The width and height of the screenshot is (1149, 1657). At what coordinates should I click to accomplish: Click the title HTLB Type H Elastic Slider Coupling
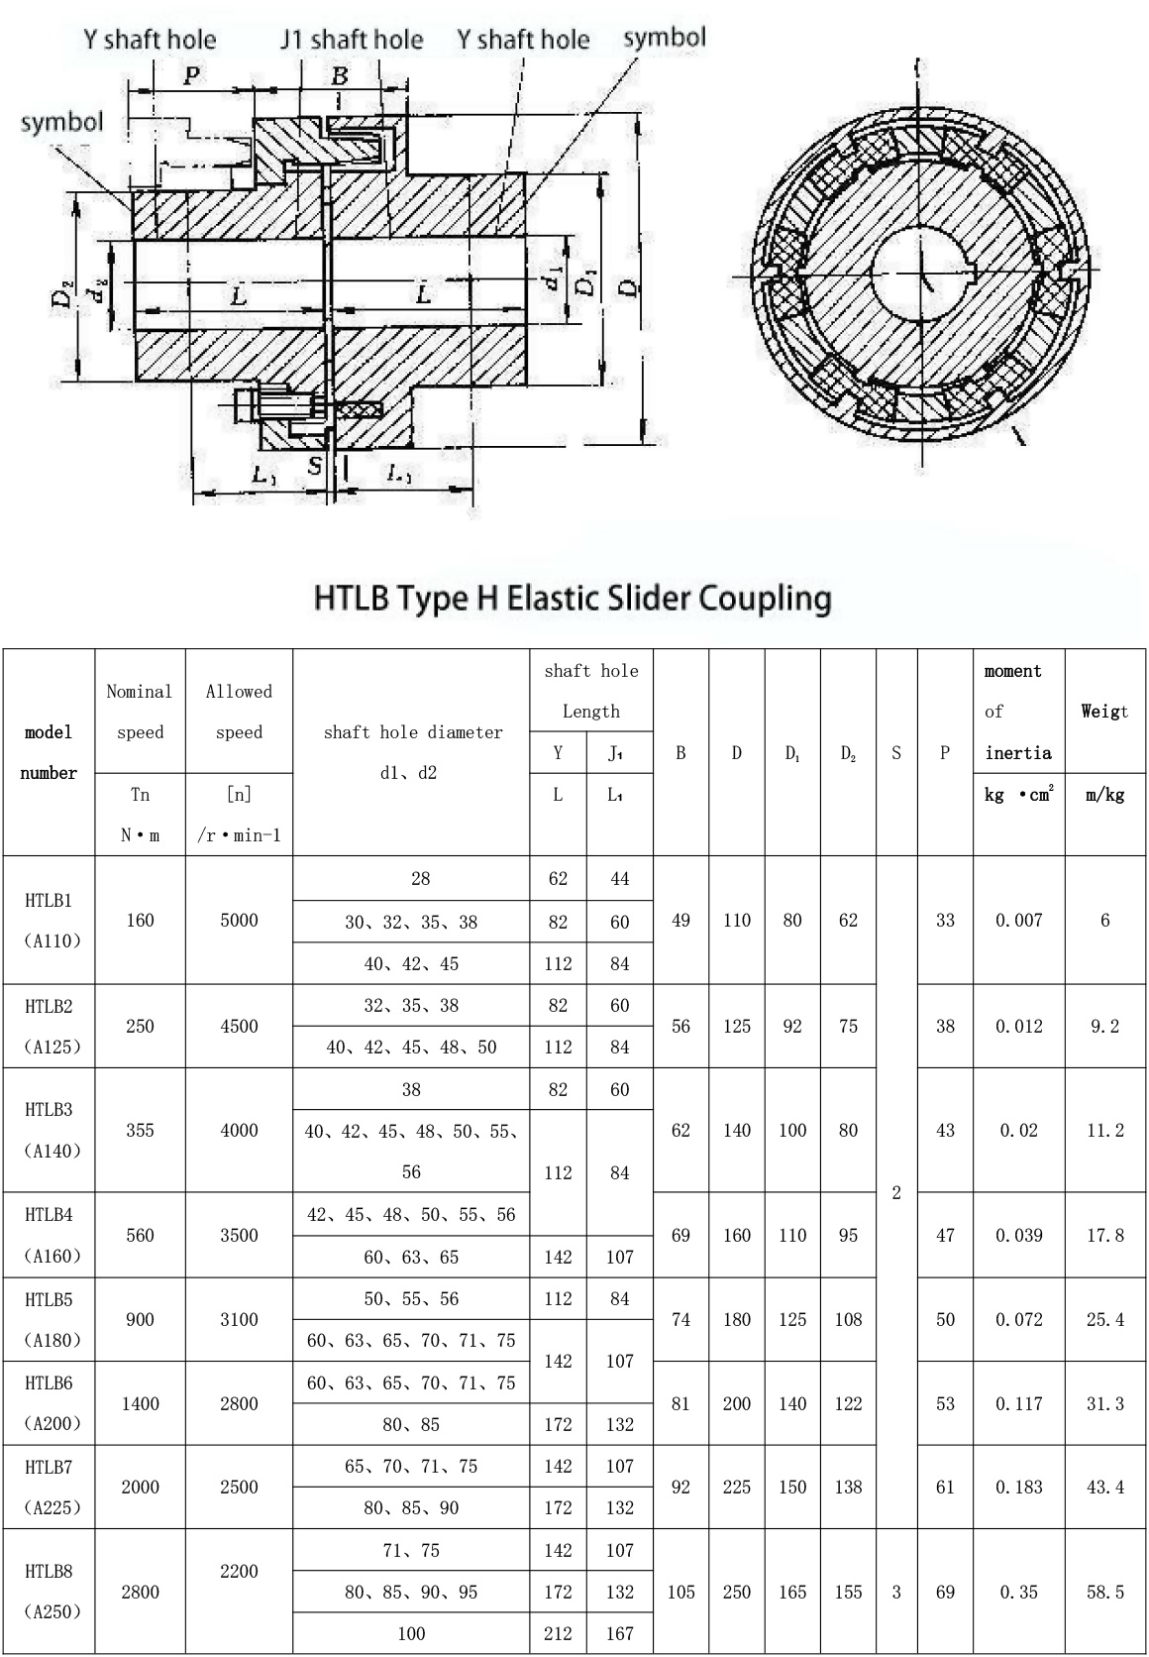pyautogui.click(x=574, y=599)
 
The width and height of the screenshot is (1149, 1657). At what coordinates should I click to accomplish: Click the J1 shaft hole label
pyautogui.click(x=352, y=40)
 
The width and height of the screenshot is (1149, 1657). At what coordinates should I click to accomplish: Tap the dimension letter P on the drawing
pyautogui.click(x=191, y=75)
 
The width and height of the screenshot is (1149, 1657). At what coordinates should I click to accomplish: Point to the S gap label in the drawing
pyautogui.click(x=316, y=466)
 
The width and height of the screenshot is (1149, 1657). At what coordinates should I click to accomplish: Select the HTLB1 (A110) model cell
pyautogui.click(x=49, y=921)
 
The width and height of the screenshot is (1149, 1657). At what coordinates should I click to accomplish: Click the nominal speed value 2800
pyautogui.click(x=140, y=1592)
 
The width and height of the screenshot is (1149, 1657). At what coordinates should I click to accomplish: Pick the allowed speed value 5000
pyautogui.click(x=239, y=921)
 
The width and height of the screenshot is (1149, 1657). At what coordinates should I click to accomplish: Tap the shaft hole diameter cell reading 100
pyautogui.click(x=411, y=1633)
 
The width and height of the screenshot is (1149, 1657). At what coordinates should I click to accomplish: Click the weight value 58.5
pyautogui.click(x=1104, y=1592)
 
